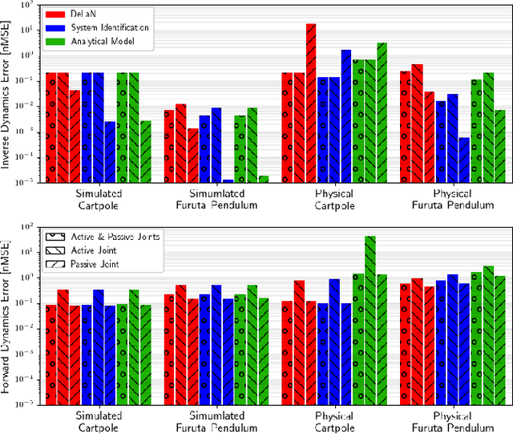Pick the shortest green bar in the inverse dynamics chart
(263, 180)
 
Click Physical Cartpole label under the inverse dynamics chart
(334, 200)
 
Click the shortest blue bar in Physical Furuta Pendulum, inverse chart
(464, 160)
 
